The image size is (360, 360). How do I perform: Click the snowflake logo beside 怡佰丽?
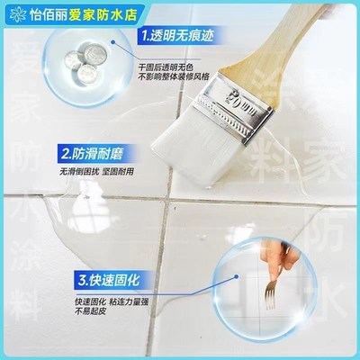click(12, 13)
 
